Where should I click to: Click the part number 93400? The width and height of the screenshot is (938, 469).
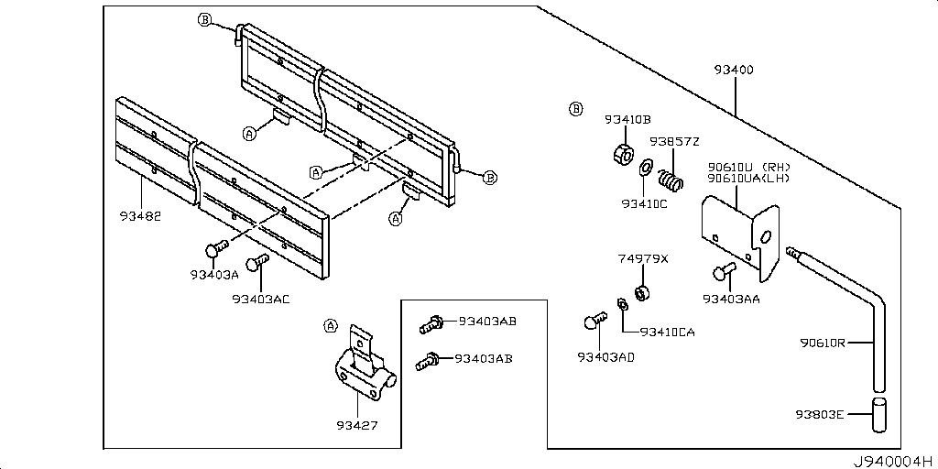point(733,71)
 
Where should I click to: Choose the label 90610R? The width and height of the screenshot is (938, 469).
point(822,344)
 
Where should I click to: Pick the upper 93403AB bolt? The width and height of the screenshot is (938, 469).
point(431,322)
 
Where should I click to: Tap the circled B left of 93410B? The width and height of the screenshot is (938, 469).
point(575,109)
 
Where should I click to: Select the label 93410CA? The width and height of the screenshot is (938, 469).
point(667,332)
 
